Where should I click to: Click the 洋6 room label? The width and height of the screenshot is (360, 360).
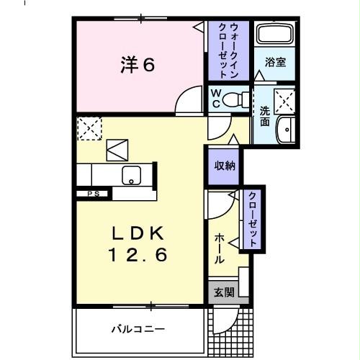point(136,66)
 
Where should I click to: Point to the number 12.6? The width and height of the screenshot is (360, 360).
point(138,254)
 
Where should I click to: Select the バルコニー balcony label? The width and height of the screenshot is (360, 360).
point(138,330)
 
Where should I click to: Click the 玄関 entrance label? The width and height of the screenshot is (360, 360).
point(224,292)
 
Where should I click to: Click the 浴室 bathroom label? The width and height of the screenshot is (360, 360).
point(275,63)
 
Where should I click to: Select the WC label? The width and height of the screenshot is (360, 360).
point(215,99)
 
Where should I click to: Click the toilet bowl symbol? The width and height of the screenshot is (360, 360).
point(233,99)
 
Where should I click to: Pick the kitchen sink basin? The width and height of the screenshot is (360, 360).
point(131,175)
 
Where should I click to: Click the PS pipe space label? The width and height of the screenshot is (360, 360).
point(93,193)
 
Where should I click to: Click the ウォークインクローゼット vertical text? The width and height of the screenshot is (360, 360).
point(228,50)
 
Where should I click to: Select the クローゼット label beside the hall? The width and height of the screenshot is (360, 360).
point(253,219)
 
